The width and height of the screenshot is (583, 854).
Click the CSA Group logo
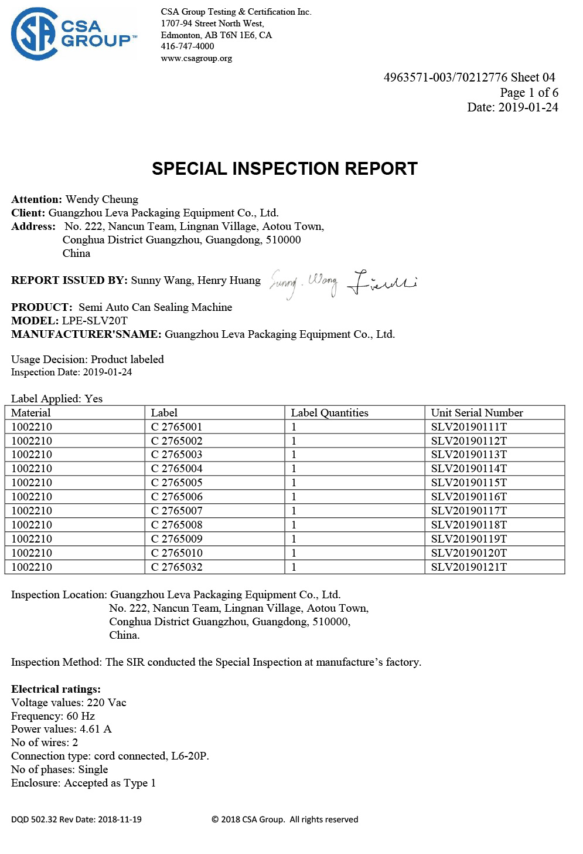point(73,34)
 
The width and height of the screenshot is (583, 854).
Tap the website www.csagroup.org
point(196,58)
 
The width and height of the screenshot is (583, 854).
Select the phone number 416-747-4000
point(187,46)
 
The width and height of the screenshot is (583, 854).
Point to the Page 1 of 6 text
point(529,93)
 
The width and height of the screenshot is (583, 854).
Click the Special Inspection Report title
point(285,169)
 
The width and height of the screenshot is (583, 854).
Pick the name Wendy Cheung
point(102,199)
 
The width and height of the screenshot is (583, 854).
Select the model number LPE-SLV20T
point(95,321)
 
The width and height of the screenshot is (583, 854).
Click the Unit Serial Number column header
point(477,413)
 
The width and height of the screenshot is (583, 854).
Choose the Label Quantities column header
point(329,413)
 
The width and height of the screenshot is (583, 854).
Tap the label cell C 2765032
point(176,567)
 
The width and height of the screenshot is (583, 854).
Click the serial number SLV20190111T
point(469,427)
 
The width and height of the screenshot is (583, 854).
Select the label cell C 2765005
point(176,483)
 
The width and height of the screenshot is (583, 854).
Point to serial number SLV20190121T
point(469,567)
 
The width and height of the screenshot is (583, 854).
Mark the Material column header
point(31,413)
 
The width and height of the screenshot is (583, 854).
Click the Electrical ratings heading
point(56,689)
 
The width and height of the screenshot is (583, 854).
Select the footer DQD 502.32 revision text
point(76,819)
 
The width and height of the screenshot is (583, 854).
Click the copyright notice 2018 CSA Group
point(285,819)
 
